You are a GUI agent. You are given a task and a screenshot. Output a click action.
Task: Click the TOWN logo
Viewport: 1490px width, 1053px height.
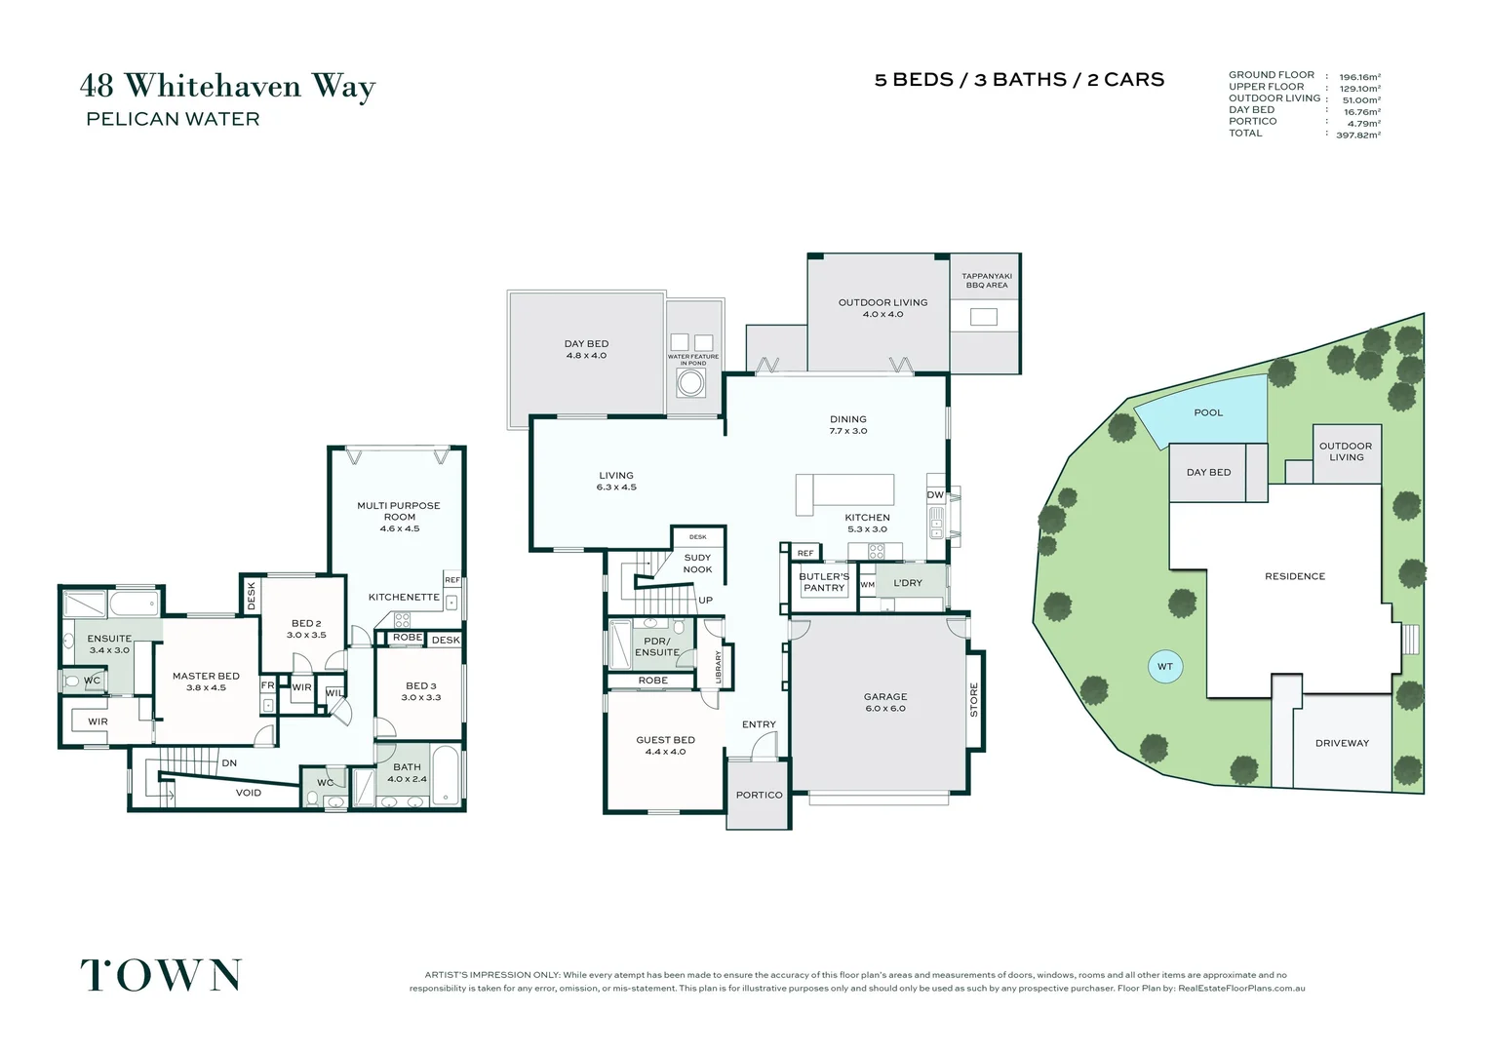point(161,975)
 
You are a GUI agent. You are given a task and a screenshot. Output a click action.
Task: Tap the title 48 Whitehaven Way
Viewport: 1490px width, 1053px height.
point(227,86)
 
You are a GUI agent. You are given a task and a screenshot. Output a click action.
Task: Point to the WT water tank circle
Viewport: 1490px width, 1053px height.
point(1165,667)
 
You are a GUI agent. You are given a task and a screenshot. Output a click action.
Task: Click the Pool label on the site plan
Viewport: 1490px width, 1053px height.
point(1208,412)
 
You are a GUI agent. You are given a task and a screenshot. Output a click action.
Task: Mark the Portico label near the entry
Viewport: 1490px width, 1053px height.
point(760,795)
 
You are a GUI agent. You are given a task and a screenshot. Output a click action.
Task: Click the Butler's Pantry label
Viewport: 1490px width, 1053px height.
point(824,582)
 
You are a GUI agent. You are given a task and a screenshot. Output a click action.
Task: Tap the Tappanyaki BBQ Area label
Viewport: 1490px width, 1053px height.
point(987,281)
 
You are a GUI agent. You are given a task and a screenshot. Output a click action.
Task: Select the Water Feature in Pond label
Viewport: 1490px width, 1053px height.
point(693,360)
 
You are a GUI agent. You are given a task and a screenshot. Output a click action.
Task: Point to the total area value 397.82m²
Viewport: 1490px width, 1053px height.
point(1358,136)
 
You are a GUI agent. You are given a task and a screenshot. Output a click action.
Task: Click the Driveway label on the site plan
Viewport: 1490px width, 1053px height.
point(1342,743)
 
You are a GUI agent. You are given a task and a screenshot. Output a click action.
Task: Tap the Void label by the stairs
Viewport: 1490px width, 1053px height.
point(249,793)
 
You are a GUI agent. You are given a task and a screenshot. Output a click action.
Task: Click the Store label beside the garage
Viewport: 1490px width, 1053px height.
point(974,699)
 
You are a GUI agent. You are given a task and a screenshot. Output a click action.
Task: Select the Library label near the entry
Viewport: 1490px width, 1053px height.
point(719,667)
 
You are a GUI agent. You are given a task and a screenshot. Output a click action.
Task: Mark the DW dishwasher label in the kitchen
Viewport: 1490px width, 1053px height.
point(935,495)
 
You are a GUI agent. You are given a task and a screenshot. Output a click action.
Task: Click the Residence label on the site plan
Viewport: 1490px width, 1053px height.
point(1295,576)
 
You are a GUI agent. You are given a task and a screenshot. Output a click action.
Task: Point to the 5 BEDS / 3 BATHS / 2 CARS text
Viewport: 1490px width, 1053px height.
point(1019,80)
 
